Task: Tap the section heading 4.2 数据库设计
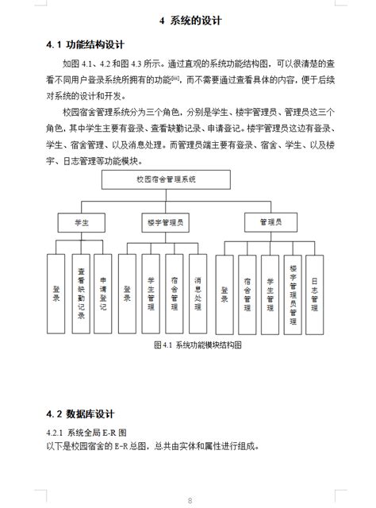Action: point(82,414)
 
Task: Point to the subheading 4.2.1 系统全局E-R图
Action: point(90,432)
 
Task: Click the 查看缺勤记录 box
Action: point(81,291)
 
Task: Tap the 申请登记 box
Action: point(103,291)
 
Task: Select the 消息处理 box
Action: point(197,291)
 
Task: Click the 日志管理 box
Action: point(316,291)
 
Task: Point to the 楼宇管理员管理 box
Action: point(294,291)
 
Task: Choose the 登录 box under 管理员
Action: point(225,291)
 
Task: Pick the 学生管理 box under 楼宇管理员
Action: point(151,291)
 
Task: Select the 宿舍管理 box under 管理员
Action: point(248,291)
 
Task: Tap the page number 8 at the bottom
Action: point(190,499)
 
